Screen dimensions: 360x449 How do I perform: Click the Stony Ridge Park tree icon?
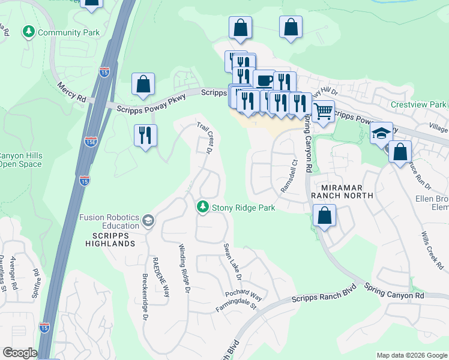[203, 207]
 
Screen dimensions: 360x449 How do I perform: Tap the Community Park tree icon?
[28, 31]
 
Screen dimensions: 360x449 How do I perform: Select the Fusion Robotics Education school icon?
[148, 222]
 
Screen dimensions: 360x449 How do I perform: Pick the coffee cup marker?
[264, 80]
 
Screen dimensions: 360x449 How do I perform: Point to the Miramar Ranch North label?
[342, 191]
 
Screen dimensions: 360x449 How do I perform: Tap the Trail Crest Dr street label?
[206, 138]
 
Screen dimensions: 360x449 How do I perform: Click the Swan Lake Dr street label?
[232, 262]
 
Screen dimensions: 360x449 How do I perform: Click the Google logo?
[20, 353]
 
